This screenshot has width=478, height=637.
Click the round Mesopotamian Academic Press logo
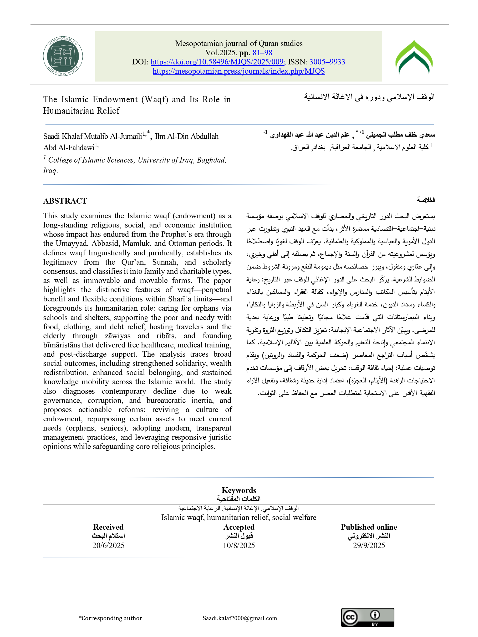63,56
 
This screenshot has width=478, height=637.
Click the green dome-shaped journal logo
414,57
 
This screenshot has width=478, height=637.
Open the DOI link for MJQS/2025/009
218,62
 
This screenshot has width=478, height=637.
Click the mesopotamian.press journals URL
239,71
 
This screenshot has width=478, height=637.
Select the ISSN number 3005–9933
327,62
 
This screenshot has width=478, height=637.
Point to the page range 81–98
262,53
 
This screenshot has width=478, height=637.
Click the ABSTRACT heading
65,201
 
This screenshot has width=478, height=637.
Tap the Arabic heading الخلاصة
426,200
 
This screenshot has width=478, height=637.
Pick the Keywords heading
239,490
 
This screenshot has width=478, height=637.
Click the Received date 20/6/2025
108,545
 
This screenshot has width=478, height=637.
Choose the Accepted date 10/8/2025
239,545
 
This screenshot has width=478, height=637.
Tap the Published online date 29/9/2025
369,545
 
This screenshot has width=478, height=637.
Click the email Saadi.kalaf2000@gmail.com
240,618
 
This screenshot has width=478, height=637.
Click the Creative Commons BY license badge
367,618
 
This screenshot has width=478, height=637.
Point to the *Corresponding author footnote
111,618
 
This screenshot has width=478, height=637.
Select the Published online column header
369,527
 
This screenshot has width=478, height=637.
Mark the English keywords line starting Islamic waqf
239,518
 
